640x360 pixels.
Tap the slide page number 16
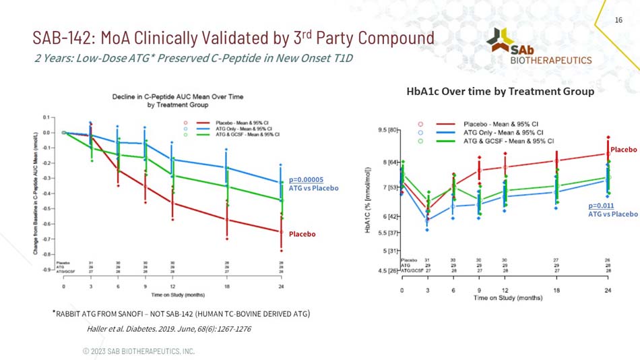618,21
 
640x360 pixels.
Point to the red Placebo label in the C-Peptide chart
302,234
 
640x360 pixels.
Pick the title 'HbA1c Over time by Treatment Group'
500,91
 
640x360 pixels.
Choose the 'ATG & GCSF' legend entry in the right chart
508,141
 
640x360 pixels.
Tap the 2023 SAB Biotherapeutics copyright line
138,351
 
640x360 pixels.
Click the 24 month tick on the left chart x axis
281,286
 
